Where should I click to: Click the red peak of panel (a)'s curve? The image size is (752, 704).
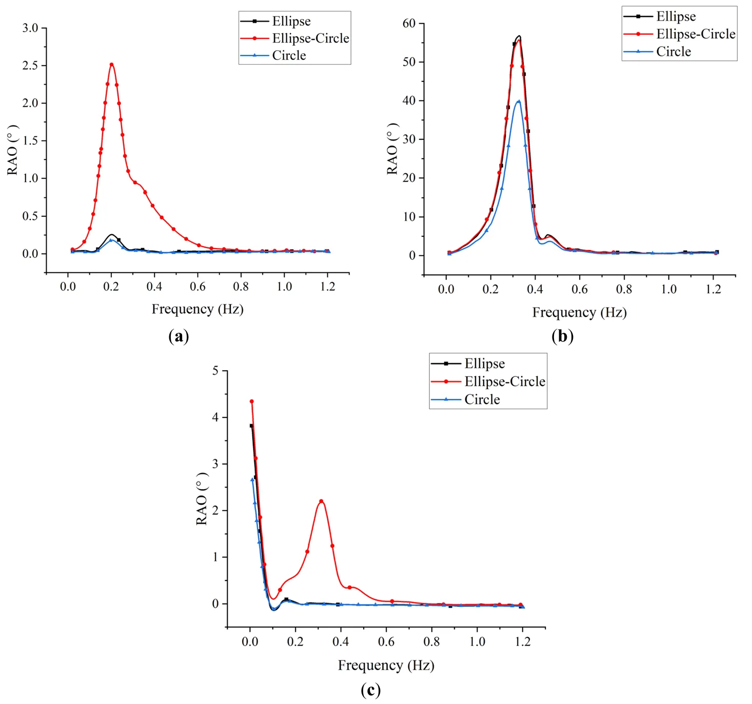[x=111, y=64]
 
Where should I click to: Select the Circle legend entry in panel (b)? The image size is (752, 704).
[x=673, y=52]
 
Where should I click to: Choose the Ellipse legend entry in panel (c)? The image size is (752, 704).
[x=484, y=364]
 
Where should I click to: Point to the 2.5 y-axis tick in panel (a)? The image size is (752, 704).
[x=30, y=66]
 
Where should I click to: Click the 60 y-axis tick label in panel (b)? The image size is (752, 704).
[x=409, y=23]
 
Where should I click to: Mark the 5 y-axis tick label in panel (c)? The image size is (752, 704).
[x=215, y=370]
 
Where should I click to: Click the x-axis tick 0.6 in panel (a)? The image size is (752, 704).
[x=197, y=287]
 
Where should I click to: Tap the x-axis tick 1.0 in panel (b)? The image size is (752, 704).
[x=669, y=289]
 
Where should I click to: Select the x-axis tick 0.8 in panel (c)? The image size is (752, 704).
[x=431, y=642]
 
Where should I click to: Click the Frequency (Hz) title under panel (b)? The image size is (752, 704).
[x=579, y=312]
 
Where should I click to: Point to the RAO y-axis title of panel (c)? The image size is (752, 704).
[x=202, y=499]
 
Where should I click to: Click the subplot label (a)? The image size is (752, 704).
[x=179, y=336]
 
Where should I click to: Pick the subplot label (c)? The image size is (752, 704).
[x=370, y=690]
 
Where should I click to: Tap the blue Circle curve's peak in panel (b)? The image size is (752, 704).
[x=519, y=101]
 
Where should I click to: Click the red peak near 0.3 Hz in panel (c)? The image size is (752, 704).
[x=321, y=501]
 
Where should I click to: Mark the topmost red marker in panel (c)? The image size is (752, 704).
[x=251, y=401]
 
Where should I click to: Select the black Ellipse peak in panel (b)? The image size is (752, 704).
[x=519, y=36]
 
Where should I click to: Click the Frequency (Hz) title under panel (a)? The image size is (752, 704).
[x=197, y=309]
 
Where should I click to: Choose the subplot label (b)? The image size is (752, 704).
[x=562, y=336]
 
